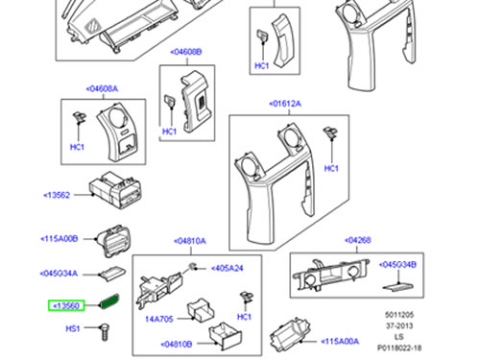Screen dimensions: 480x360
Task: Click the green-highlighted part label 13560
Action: coord(66,305)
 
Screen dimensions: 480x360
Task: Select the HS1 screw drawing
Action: coord(105,332)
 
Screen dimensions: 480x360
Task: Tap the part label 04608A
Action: coord(102,88)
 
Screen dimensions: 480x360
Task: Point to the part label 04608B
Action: coord(186,52)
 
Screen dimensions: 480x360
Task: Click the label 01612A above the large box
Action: coord(285,104)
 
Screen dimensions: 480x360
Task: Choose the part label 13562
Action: coord(57,195)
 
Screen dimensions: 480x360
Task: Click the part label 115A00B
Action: coord(60,239)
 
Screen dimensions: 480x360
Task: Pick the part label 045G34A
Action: coord(59,274)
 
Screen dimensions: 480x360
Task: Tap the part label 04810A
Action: coord(190,241)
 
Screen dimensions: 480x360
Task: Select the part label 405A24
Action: coord(228,268)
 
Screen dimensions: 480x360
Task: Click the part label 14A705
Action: coord(159,319)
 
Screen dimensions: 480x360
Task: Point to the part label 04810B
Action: coord(177,345)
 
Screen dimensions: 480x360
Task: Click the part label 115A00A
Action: coord(340,342)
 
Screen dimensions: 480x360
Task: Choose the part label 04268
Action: coord(358,240)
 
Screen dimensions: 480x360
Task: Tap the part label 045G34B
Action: coord(397,265)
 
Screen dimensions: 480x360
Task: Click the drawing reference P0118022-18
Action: coord(399,348)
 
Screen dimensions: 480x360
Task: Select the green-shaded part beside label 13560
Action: coord(109,301)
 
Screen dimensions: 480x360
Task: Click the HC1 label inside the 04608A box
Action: coord(77,147)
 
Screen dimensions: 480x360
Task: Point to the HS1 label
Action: coord(73,328)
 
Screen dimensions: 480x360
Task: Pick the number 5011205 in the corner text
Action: coord(399,315)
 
